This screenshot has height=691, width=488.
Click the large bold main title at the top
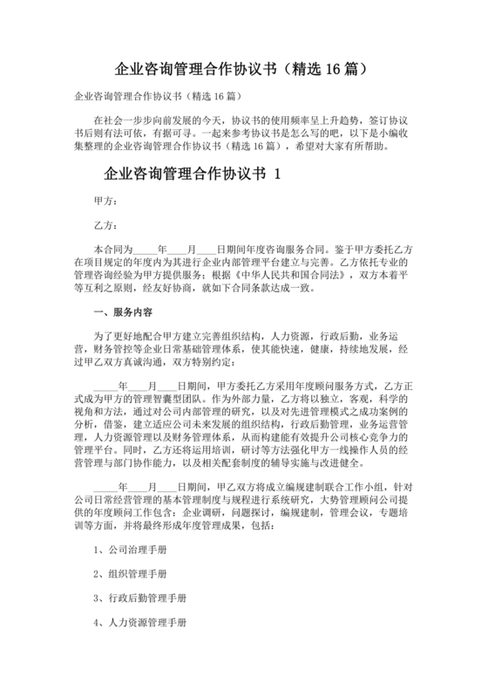[245, 68]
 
